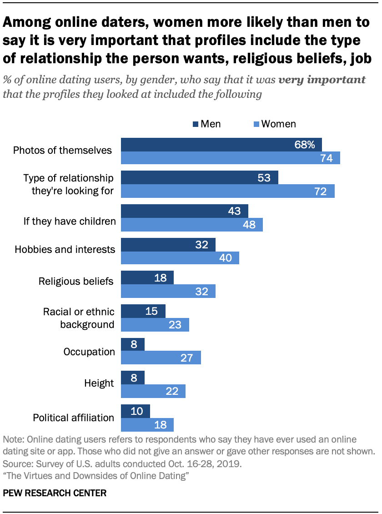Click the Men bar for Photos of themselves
pos(221,145)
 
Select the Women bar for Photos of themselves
pos(231,158)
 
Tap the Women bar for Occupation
pos(161,358)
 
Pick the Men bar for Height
pos(133,378)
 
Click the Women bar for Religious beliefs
pos(168,291)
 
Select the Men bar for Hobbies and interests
pos(168,245)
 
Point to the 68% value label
pos(305,145)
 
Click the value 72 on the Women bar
pos(321,191)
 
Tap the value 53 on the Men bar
pos(264,178)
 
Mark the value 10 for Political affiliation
pos(136,411)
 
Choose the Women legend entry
pos(275,124)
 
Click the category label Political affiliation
pos(73,418)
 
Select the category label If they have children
pos(70,222)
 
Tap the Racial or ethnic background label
pos(78,318)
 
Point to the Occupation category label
pos(89,352)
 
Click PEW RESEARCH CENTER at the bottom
pos(55,493)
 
